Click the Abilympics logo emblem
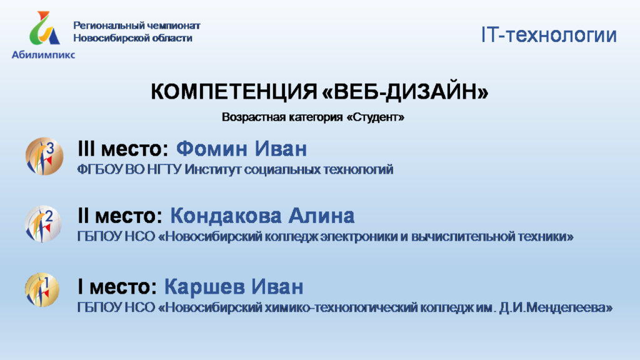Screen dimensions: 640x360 point(44,27)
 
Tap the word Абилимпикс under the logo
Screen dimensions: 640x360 point(43,55)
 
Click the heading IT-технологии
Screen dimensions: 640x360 point(549,35)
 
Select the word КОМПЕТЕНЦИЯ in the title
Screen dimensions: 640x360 point(234,91)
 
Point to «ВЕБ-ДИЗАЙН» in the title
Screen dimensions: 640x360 point(405,91)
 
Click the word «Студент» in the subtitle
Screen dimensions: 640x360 point(376,117)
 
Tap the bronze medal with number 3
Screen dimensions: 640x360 point(44,156)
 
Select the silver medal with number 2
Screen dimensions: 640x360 point(43,224)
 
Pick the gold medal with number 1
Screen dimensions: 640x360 point(42,290)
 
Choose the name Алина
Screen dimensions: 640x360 point(321,216)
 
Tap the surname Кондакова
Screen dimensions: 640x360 point(226,216)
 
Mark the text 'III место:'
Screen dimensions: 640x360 point(123,149)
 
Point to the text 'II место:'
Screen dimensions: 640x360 point(119,216)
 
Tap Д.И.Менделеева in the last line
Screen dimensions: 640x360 point(556,307)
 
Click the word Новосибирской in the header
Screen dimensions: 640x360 point(107,38)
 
